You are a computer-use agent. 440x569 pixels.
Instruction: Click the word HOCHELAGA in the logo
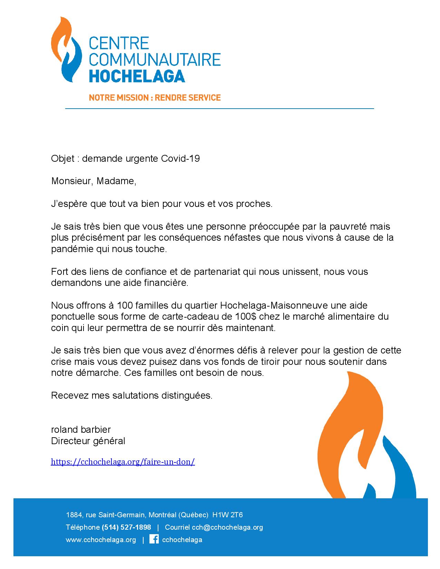pyautogui.click(x=137, y=75)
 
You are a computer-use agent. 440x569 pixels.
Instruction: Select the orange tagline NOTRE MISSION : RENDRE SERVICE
pyautogui.click(x=155, y=98)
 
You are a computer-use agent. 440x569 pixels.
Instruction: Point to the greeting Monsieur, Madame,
pyautogui.click(x=94, y=181)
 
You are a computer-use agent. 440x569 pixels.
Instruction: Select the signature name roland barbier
pyautogui.click(x=81, y=430)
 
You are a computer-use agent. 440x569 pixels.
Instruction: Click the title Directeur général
pyautogui.click(x=88, y=441)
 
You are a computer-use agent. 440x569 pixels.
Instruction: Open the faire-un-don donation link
pyautogui.click(x=123, y=462)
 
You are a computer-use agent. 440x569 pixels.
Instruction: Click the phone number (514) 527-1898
pyautogui.click(x=126, y=527)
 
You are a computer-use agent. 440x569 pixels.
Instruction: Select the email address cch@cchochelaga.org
pyautogui.click(x=227, y=527)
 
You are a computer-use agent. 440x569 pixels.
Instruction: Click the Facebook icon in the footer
pyautogui.click(x=154, y=539)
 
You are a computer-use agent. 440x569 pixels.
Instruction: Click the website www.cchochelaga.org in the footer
pyautogui.click(x=101, y=540)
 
